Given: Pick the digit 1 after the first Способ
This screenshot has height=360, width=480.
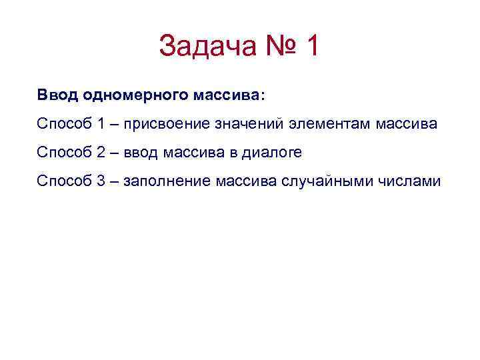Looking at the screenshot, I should pos(101,124).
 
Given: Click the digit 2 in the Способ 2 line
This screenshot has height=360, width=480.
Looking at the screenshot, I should pos(101,153).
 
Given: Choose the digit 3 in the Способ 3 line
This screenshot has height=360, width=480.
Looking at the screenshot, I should pos(101,181).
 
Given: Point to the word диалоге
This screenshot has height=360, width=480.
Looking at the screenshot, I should pos(273,153).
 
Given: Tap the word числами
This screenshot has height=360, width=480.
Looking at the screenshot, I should pos(407,181).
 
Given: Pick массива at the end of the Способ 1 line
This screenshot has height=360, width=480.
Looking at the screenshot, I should pos(407,124).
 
